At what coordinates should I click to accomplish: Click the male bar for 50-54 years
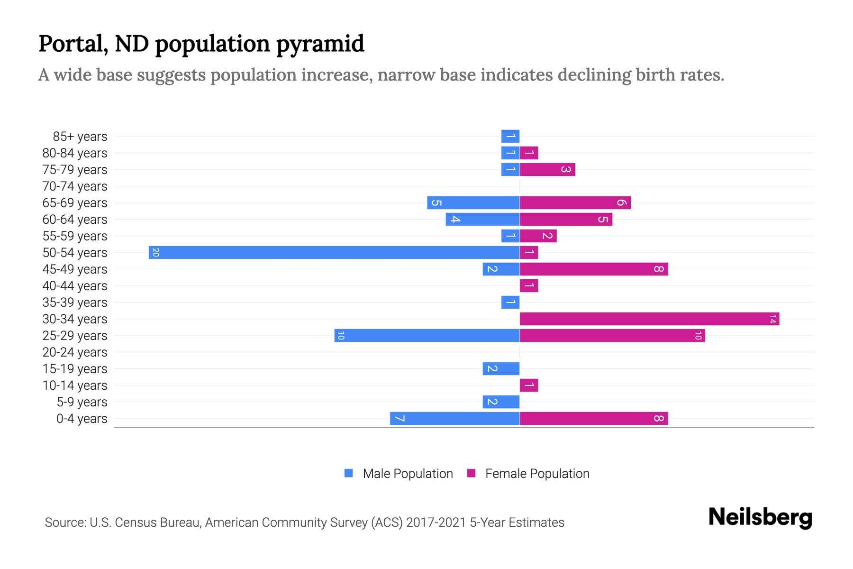(x=334, y=252)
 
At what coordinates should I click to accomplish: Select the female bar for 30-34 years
(x=649, y=319)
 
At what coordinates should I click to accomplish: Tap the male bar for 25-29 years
(x=426, y=335)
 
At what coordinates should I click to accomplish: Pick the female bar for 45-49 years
(x=594, y=269)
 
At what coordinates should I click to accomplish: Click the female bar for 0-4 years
(x=594, y=418)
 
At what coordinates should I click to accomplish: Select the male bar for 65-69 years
(x=473, y=202)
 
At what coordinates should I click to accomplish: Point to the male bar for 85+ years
(x=510, y=136)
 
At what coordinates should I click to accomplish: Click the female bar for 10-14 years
(x=529, y=385)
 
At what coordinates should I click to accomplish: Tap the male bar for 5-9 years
(x=501, y=402)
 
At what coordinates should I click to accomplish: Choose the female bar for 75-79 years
(x=547, y=169)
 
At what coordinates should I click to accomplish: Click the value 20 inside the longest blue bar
(x=155, y=252)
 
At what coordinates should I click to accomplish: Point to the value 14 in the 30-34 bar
(x=772, y=319)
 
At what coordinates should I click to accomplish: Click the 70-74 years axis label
(x=75, y=186)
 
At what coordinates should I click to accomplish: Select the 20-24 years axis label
(x=75, y=352)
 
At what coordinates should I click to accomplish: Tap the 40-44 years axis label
(x=75, y=286)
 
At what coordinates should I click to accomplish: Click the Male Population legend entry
(x=408, y=473)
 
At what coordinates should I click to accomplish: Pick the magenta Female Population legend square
(x=471, y=473)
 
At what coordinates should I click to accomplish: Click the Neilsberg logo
(x=760, y=517)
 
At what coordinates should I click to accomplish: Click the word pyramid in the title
(x=320, y=44)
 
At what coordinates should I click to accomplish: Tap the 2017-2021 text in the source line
(x=436, y=523)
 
